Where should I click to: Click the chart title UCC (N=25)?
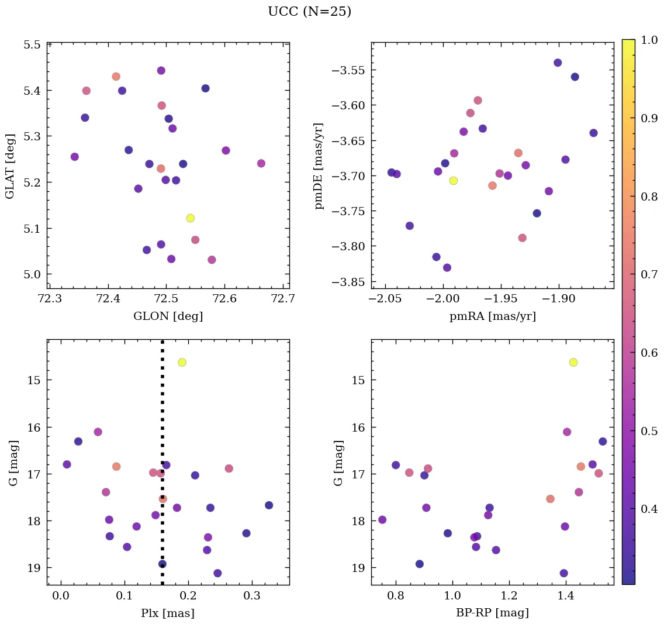point(309,12)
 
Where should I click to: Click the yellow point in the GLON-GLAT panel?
point(190,218)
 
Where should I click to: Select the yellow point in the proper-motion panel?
point(453,181)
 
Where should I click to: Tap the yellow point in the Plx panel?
point(182,363)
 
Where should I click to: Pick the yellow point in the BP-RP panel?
point(573,363)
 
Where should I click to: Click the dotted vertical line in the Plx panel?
point(162,444)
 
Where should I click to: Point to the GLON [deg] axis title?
point(168,317)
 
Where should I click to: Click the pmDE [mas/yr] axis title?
point(319,166)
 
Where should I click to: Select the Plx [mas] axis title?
point(168,613)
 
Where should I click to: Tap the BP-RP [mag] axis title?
point(492,613)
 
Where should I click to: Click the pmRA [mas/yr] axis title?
point(492,317)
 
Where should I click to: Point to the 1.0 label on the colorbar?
point(649,40)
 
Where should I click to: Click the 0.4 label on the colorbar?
point(649,508)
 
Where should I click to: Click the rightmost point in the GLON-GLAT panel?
point(261,163)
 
